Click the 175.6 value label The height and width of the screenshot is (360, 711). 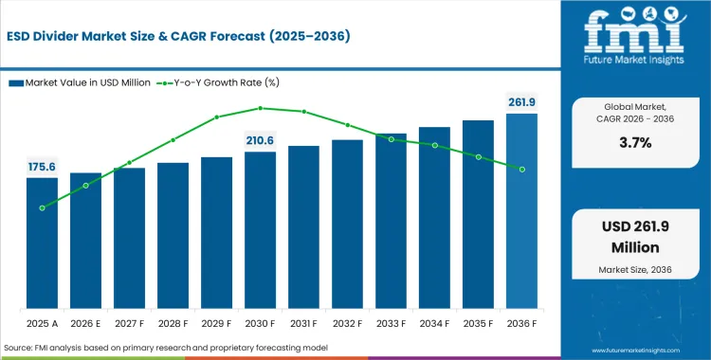click(x=42, y=166)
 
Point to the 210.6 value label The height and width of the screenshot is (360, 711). click(x=260, y=140)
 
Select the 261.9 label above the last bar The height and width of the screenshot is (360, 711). click(x=520, y=101)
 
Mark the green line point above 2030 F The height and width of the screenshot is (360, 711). click(x=260, y=108)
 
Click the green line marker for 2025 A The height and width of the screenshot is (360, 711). click(x=42, y=207)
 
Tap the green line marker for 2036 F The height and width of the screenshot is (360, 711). click(x=521, y=169)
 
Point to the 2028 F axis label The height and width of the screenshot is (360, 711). click(x=173, y=324)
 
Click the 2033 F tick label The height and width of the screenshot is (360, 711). click(x=391, y=324)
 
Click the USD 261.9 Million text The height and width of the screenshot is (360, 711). click(x=632, y=238)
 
